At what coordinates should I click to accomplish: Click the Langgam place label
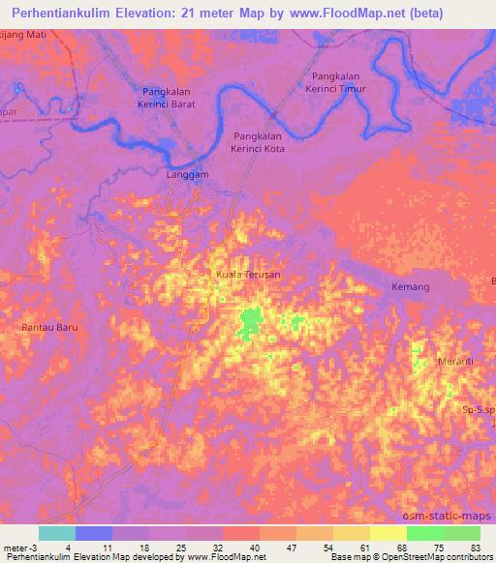point(188,175)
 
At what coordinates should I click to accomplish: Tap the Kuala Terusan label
point(247,275)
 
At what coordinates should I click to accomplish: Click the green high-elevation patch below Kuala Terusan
point(251,321)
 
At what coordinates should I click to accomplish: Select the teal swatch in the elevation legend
point(56,533)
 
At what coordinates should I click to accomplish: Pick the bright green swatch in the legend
point(425,533)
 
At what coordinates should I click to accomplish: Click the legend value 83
point(475,547)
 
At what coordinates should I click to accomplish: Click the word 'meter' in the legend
point(15,547)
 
